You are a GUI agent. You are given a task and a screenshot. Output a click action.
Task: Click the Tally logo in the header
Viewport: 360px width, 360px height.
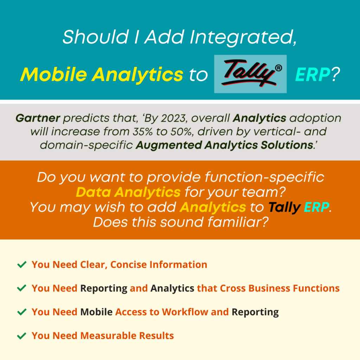coord(250,74)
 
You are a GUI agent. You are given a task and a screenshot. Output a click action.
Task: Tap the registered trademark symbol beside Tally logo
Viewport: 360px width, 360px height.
coord(278,68)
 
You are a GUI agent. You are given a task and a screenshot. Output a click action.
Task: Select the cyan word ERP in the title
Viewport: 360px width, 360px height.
coord(313,75)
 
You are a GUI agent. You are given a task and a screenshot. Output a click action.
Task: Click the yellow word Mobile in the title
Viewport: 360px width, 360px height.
coord(54,75)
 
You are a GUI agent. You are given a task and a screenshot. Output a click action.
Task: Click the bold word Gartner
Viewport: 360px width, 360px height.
coord(38,118)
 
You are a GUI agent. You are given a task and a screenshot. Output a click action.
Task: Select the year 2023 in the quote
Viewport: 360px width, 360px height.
coord(173,118)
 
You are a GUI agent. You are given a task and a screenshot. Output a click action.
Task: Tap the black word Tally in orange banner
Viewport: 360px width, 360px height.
coord(284,207)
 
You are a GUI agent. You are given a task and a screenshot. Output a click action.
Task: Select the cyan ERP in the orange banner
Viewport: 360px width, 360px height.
coord(317,207)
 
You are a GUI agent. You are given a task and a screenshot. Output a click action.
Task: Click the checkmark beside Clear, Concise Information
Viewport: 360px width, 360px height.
coord(22,264)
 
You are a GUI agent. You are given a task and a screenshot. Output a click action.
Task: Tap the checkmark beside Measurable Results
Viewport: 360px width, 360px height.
coord(22,336)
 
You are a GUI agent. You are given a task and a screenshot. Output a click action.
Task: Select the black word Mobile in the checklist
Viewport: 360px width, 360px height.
coord(96,312)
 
